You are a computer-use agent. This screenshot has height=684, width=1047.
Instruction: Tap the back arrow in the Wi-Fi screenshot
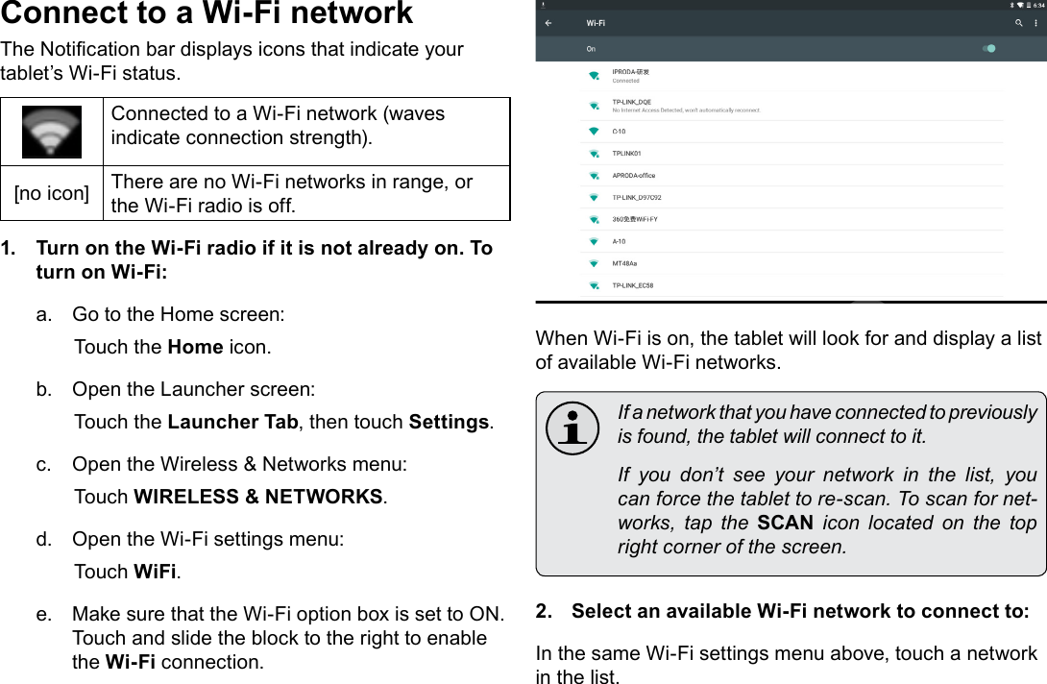[x=548, y=23]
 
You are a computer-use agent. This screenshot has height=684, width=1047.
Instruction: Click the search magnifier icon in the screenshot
[x=1017, y=23]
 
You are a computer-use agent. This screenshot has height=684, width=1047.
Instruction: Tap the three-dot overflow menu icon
[x=1036, y=23]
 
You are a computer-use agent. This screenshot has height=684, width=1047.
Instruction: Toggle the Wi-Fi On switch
[x=987, y=48]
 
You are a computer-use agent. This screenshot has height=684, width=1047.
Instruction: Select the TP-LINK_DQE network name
[x=631, y=102]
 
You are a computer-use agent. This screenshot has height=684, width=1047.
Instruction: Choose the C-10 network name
[x=620, y=131]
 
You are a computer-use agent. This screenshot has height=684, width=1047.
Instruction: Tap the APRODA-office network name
[x=633, y=175]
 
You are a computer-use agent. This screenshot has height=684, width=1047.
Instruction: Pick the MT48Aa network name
[x=624, y=263]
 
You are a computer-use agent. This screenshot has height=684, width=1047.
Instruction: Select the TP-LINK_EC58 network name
[x=633, y=285]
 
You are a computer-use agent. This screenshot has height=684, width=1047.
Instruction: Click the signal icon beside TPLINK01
[x=593, y=154]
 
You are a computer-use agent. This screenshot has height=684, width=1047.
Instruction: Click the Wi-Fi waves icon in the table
[x=52, y=132]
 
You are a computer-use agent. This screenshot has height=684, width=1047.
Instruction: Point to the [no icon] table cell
[x=52, y=193]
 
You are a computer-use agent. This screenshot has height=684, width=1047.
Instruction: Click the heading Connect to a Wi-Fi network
[x=207, y=14]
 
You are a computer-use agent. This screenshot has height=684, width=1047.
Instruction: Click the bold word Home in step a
[x=195, y=347]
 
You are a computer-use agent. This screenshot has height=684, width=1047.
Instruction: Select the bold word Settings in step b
[x=449, y=422]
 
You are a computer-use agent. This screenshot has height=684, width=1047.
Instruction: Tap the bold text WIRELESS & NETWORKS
[x=257, y=497]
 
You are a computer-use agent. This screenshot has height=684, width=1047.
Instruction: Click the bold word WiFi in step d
[x=155, y=572]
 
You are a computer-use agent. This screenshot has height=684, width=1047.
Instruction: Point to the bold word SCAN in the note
[x=785, y=523]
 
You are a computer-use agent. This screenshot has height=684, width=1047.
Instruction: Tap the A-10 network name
[x=619, y=241]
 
